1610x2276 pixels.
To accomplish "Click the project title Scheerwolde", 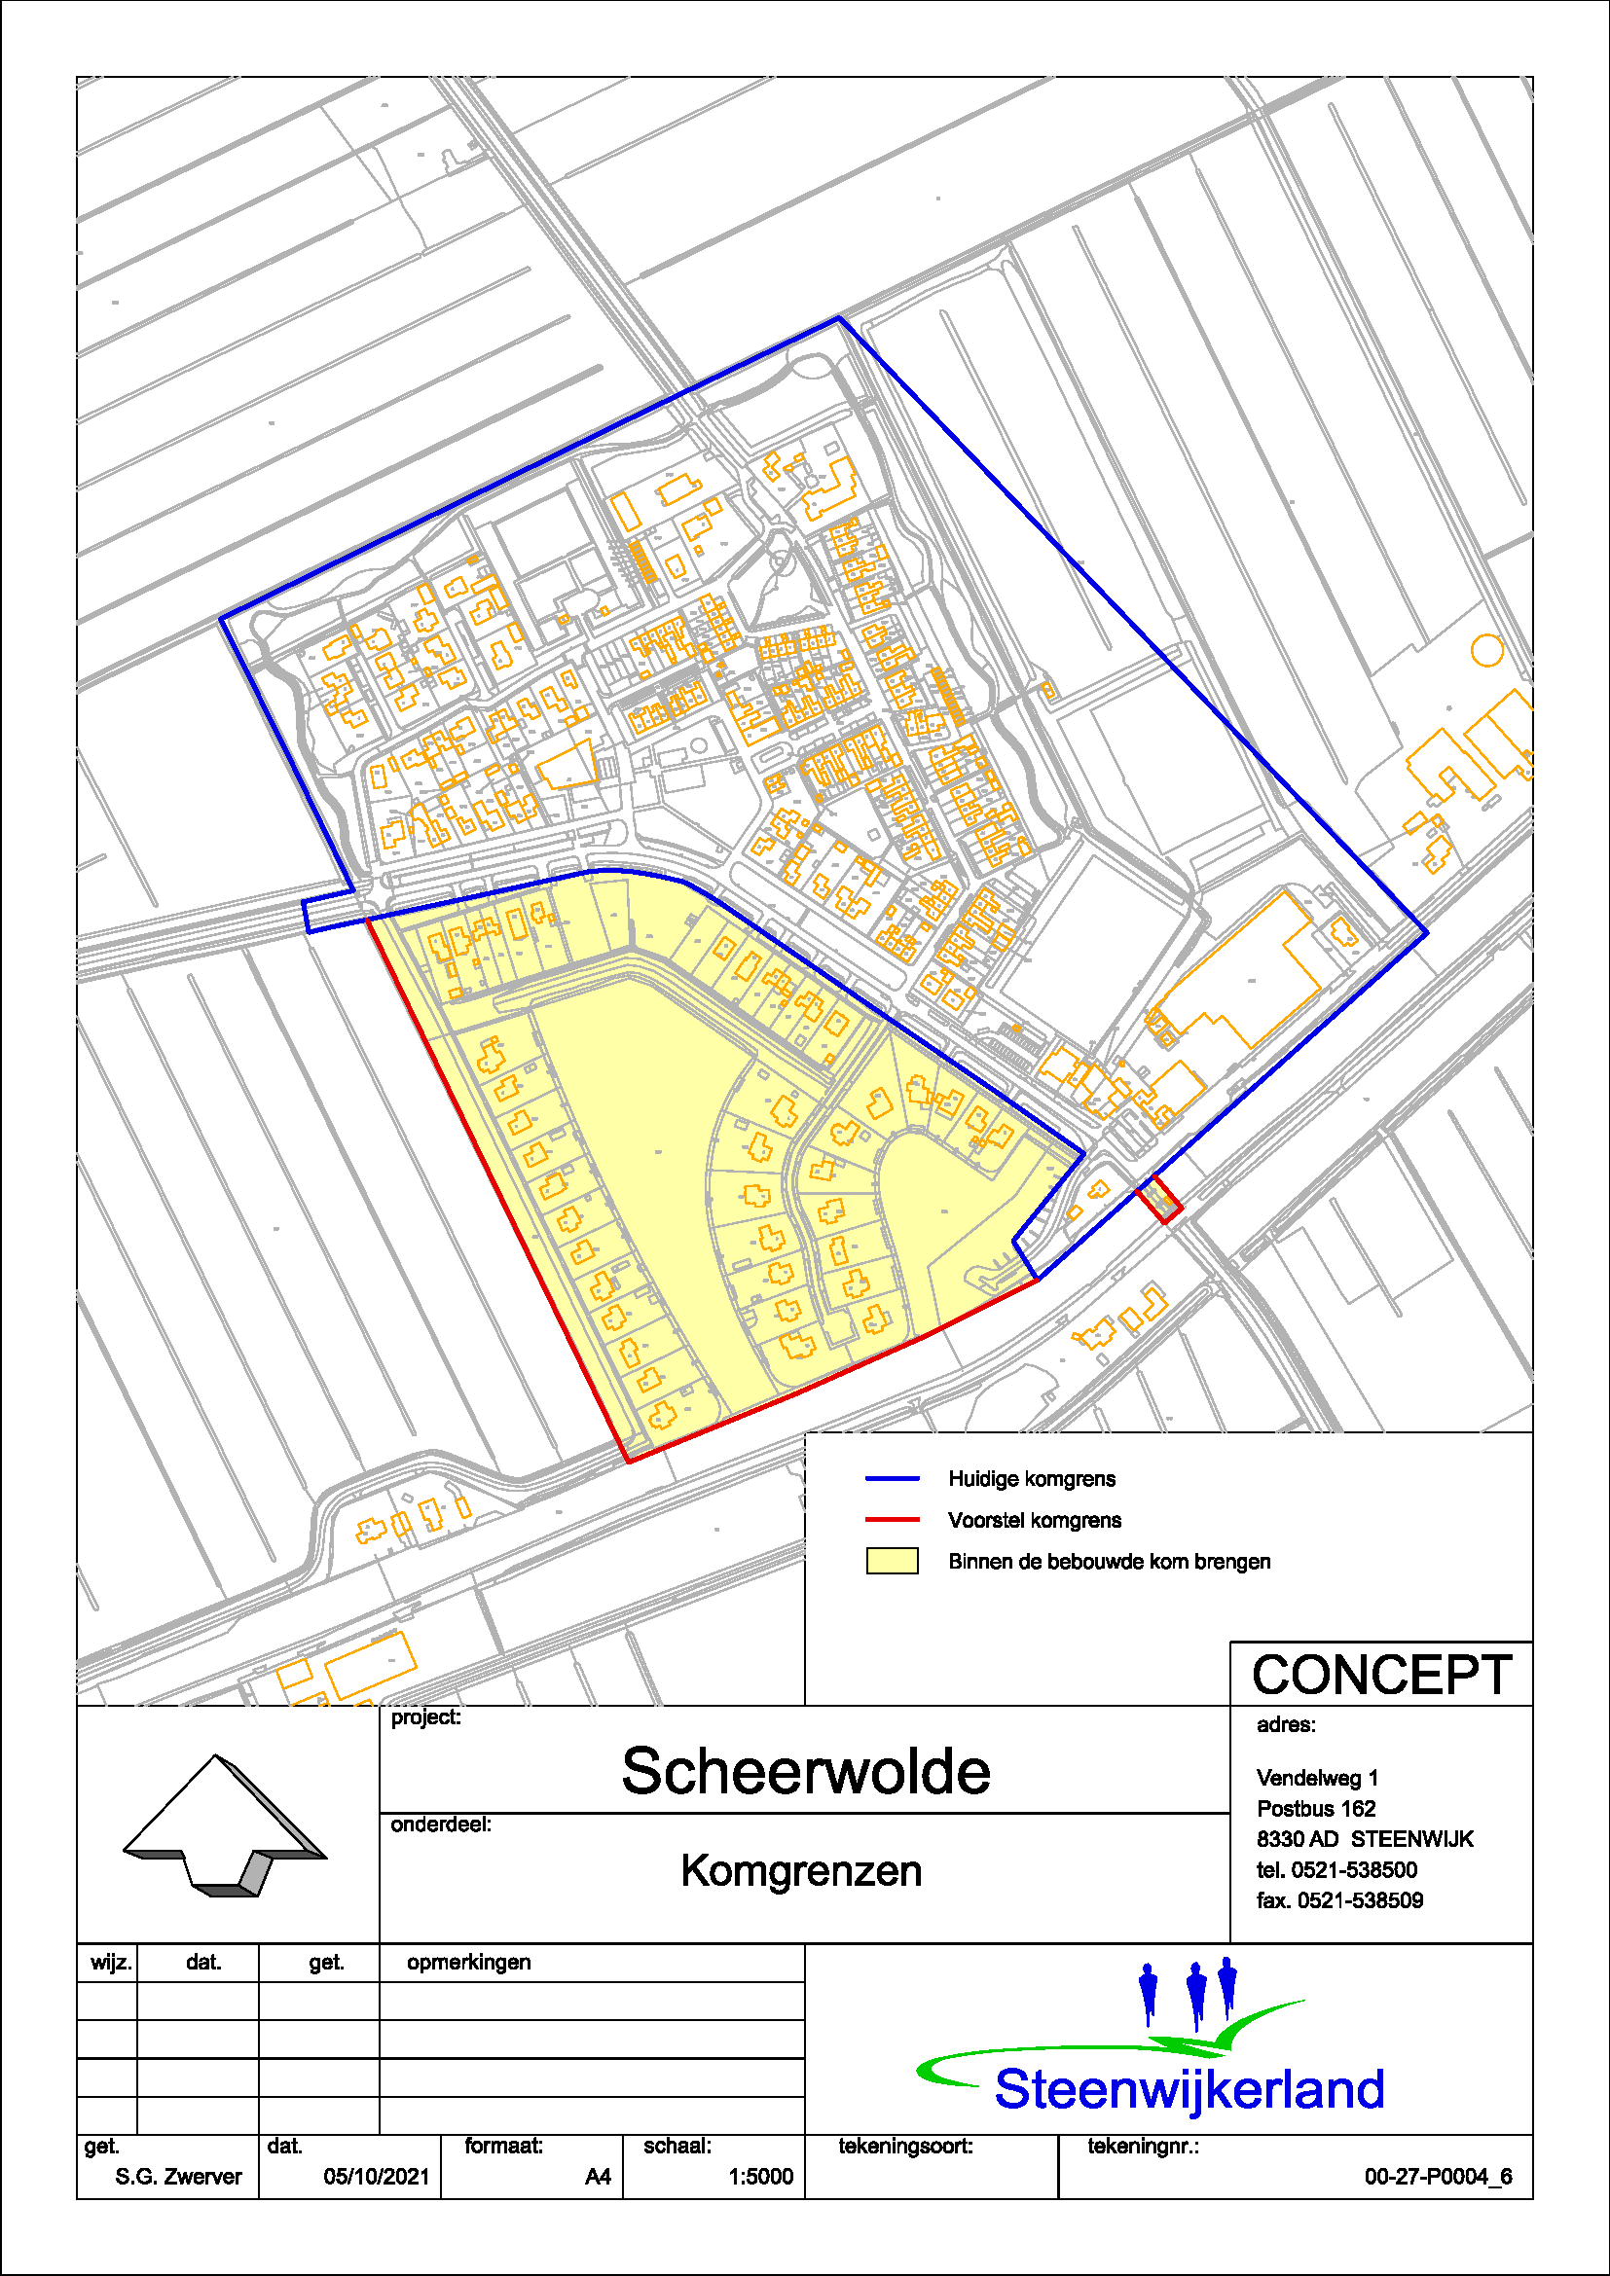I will tap(805, 1771).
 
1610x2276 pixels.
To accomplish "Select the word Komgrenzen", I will tap(801, 1871).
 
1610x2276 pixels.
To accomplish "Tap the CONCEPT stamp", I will tap(1381, 1676).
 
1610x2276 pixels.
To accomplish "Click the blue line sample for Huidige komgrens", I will tap(893, 1479).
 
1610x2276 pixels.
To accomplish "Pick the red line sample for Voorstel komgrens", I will tap(893, 1520).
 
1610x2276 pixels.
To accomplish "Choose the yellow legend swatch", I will tap(893, 1561).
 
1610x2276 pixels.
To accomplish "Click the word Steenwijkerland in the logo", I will tap(1189, 2089).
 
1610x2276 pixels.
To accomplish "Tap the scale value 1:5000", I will tap(760, 2177).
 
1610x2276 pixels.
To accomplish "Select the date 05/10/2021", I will tap(377, 2177).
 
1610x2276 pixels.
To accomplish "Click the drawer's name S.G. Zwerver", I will tap(178, 2177).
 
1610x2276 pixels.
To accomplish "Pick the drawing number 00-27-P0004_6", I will tap(1438, 2177).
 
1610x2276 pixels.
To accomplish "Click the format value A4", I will tap(598, 2177).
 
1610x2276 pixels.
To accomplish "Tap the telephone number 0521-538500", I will tap(1354, 1870).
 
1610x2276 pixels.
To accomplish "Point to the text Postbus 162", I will tap(1316, 1809).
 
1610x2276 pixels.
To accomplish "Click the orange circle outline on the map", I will tap(1486, 650).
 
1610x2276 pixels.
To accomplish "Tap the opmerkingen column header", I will tap(469, 1963).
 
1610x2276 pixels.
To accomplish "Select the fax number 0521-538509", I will tap(1359, 1901).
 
